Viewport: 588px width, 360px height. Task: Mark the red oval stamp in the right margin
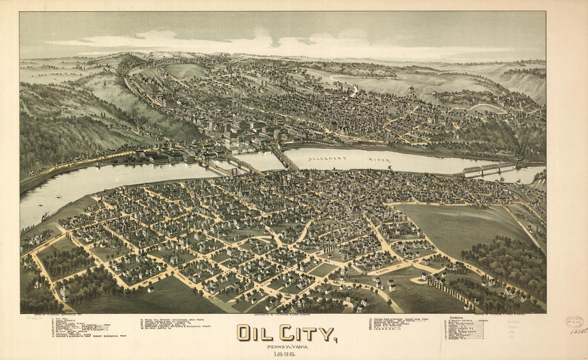(x=574, y=321)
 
